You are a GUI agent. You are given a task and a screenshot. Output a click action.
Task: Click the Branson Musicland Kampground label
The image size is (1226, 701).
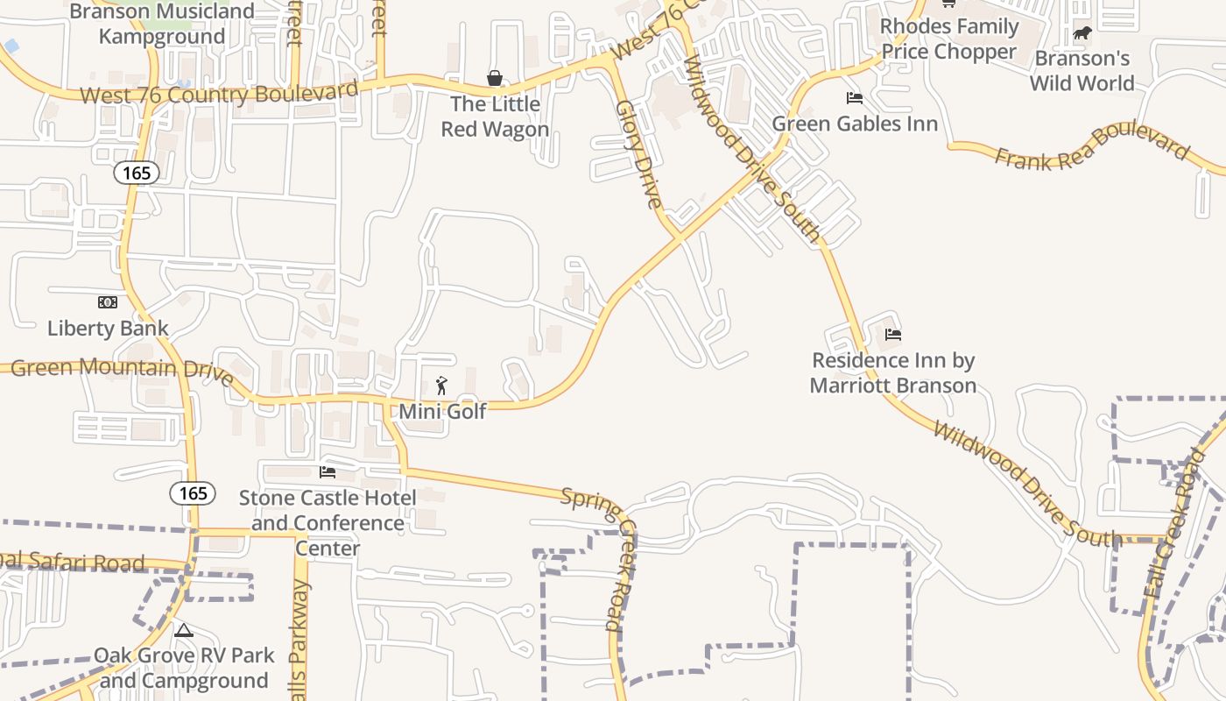pos(162,24)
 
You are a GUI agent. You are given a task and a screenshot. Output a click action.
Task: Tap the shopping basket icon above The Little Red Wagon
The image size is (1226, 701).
pos(495,79)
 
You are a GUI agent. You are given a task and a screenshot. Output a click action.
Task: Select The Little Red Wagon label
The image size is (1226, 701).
pos(495,117)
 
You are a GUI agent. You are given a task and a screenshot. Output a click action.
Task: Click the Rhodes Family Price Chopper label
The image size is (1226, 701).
pos(949,39)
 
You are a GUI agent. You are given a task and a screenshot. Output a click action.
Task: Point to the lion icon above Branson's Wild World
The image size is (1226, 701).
pos(1082,34)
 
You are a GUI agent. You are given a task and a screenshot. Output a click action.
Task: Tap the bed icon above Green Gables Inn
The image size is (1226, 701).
pos(854,97)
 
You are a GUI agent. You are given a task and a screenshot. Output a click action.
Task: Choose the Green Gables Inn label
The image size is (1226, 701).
pos(854,124)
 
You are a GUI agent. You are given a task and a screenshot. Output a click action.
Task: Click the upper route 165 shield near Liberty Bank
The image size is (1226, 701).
pos(137,173)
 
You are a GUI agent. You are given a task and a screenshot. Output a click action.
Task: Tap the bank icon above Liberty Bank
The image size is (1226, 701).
pos(108,302)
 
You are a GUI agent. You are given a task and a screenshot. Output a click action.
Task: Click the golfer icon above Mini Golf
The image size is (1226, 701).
pos(441,386)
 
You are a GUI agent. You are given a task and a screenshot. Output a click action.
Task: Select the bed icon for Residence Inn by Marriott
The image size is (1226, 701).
pos(892,334)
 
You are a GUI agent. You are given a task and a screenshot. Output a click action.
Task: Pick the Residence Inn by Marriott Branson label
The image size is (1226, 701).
pos(892,373)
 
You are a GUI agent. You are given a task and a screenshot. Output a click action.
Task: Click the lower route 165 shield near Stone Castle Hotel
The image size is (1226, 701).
pos(193,493)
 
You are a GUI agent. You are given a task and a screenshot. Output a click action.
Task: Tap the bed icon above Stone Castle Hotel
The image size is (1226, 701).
pos(328,472)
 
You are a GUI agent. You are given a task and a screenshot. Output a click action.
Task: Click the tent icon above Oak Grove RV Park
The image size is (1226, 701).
pos(183,630)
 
